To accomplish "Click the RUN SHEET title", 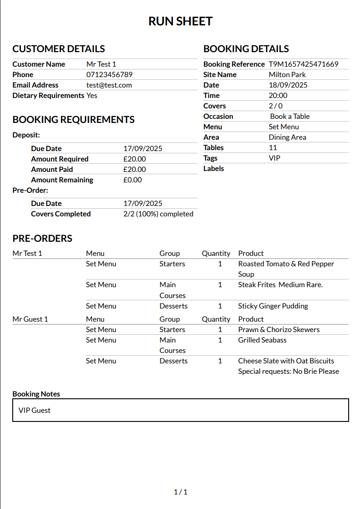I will click(x=180, y=21).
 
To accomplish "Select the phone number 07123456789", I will click(x=109, y=74).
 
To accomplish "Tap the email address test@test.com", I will click(x=109, y=85).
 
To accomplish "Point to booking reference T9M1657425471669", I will click(x=303, y=64).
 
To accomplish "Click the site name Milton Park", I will click(x=287, y=74).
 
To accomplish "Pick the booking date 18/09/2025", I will click(x=288, y=85).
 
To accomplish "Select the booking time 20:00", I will click(x=278, y=95).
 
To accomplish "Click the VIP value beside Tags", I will click(x=274, y=158).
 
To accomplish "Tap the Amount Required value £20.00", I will click(x=134, y=159).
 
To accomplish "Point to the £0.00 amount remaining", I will click(x=132, y=180).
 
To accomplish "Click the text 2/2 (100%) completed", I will click(x=158, y=214).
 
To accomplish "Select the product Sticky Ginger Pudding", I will click(x=273, y=306).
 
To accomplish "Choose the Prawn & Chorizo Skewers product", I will click(x=279, y=329).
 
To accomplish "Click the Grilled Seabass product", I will click(x=262, y=340).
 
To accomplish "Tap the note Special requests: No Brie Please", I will click(x=288, y=371).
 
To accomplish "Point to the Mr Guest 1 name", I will click(x=30, y=319).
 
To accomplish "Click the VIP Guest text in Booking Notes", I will click(x=35, y=410).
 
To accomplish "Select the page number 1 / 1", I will click(x=180, y=492).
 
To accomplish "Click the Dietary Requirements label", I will click(x=48, y=95).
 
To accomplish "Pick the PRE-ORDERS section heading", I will click(x=42, y=238).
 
